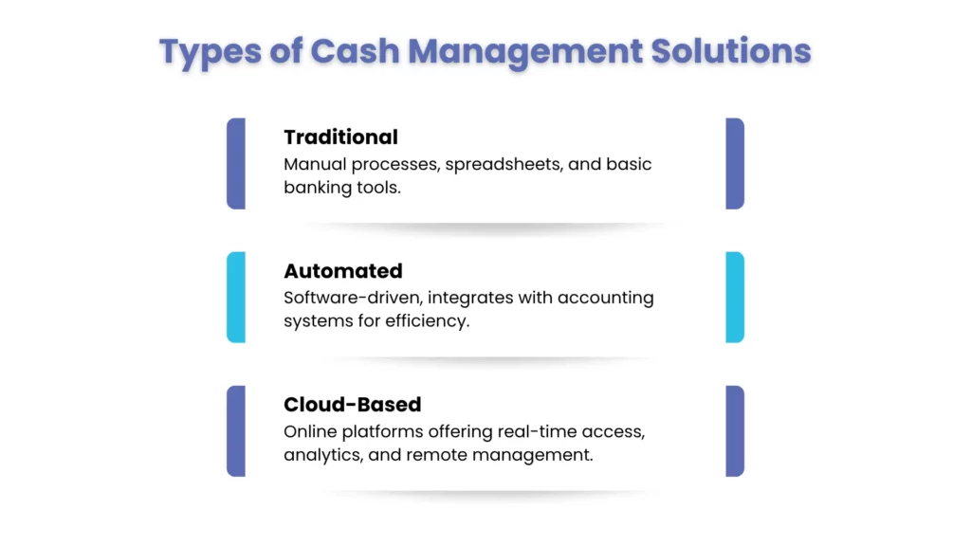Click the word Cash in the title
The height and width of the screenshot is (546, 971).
click(x=355, y=51)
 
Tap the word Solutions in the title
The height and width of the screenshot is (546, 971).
click(x=731, y=51)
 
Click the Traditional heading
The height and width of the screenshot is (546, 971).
click(x=340, y=136)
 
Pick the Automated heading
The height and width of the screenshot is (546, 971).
click(x=343, y=270)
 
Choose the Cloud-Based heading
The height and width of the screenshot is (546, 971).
click(x=353, y=404)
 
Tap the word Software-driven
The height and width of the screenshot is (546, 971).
click(x=353, y=298)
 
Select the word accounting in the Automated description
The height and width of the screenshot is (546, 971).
click(x=605, y=299)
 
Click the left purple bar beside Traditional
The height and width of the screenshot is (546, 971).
click(x=236, y=163)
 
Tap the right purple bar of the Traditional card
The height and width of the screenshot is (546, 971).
click(x=735, y=163)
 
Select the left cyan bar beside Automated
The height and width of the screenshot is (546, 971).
click(x=236, y=297)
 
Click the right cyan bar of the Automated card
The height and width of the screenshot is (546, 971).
click(x=735, y=297)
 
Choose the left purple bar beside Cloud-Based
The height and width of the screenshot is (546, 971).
click(x=236, y=431)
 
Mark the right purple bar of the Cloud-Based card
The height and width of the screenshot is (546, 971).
click(x=735, y=431)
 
